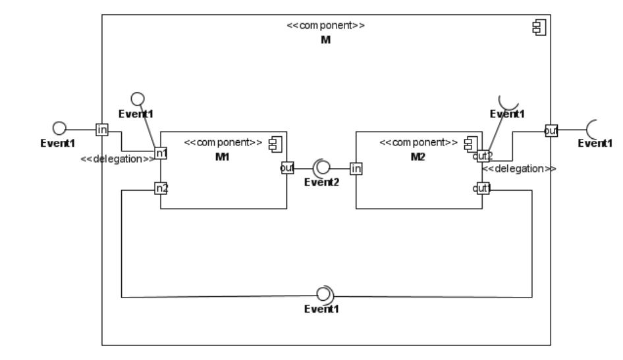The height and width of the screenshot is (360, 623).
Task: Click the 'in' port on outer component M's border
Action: tap(101, 130)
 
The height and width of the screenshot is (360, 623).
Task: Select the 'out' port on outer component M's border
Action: tap(551, 130)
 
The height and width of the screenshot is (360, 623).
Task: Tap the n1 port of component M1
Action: tap(161, 153)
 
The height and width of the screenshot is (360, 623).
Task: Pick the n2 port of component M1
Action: tap(161, 188)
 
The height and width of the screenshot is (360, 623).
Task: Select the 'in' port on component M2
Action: tap(356, 169)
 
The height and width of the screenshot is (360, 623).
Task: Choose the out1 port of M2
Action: tap(482, 189)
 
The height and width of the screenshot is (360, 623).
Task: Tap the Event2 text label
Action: tap(321, 182)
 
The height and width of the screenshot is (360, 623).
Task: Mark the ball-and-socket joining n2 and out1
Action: tap(325, 294)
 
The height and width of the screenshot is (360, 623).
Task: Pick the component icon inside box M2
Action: tap(470, 142)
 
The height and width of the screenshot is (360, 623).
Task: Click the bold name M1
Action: tap(222, 155)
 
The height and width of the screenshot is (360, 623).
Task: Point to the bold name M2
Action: tap(418, 155)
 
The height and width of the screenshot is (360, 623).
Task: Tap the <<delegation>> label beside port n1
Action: tap(117, 159)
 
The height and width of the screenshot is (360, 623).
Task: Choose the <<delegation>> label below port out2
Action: tap(519, 168)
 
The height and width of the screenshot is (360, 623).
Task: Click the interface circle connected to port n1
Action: tap(138, 99)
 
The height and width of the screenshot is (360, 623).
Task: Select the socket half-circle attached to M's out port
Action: tap(591, 130)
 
